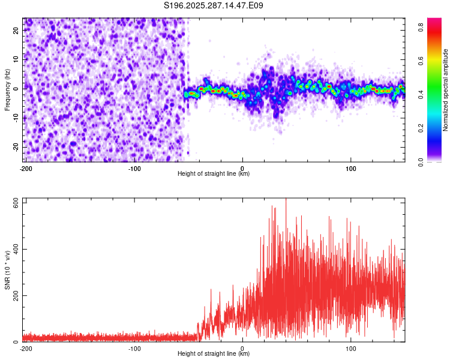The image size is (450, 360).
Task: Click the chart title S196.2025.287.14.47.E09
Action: click(x=214, y=5)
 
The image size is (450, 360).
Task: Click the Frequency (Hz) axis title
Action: click(x=7, y=89)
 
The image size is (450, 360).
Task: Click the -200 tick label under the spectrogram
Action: click(x=26, y=168)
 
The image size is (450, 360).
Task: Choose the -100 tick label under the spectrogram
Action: click(x=134, y=168)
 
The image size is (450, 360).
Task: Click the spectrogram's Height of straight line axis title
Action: click(x=214, y=174)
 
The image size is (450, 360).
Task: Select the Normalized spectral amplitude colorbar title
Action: click(x=446, y=90)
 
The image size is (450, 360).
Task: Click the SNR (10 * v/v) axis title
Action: click(x=7, y=270)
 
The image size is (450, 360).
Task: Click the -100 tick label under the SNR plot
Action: click(x=134, y=348)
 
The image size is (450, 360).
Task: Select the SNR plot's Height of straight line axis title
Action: click(x=214, y=354)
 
